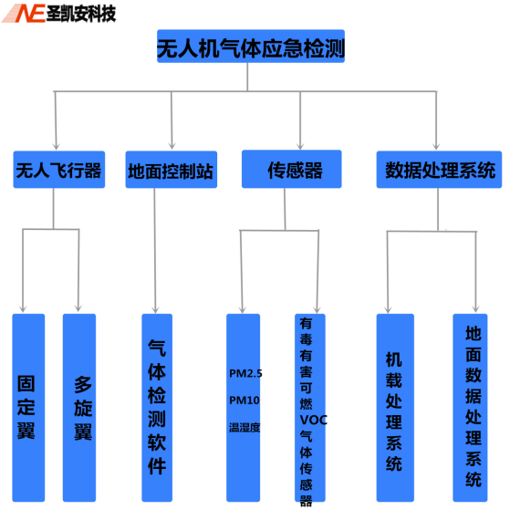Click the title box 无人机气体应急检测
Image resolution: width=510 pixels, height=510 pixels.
[x=251, y=47]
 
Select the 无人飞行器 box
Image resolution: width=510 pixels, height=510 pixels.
[x=59, y=170]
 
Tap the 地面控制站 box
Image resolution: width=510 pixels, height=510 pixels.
[x=172, y=170]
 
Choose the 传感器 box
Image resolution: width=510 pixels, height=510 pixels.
[x=292, y=169]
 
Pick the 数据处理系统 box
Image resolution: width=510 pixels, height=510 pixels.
[x=439, y=170]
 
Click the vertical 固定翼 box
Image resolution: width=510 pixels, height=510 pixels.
[x=28, y=408]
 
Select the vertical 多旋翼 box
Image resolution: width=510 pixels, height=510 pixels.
[x=79, y=408]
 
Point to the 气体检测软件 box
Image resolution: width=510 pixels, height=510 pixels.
[x=157, y=408]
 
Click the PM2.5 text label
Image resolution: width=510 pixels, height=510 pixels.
[x=245, y=373]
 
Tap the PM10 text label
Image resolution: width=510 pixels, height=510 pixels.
[x=245, y=401]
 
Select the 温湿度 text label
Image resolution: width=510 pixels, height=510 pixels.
[x=245, y=427]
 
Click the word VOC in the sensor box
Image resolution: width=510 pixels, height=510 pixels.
[x=313, y=420]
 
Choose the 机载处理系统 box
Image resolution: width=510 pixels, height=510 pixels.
[x=395, y=408]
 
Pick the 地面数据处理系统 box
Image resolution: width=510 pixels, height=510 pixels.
[x=470, y=408]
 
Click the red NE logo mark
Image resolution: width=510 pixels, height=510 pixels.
[x=25, y=14]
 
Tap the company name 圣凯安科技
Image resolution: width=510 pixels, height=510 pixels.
[x=81, y=14]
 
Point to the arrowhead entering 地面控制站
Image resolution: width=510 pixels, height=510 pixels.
[x=172, y=146]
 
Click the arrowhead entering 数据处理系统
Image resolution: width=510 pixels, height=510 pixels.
[x=436, y=146]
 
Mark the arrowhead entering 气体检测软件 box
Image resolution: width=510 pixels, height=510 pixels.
[x=155, y=309]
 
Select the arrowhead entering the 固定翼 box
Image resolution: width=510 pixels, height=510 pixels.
[x=23, y=308]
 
